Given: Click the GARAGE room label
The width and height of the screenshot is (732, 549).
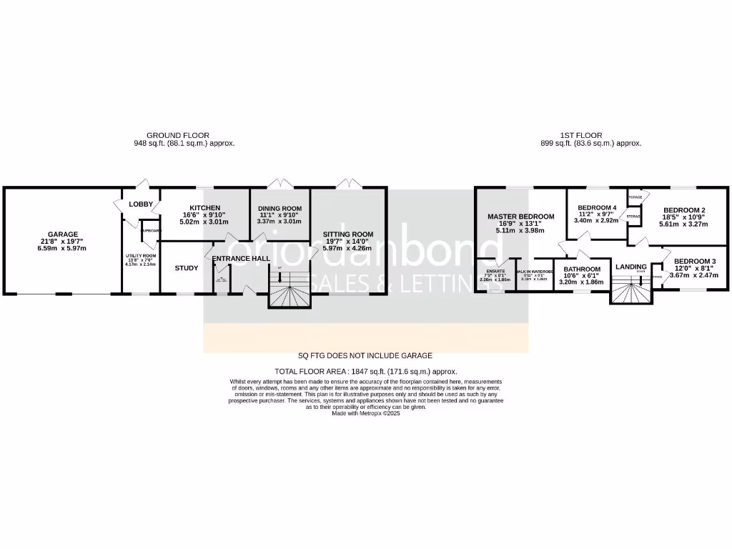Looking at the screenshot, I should point(63,234).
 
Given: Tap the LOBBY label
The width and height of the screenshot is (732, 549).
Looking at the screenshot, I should point(141,204).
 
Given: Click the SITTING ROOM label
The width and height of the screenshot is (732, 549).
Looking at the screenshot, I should point(348,234).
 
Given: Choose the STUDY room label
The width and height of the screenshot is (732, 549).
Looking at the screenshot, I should point(187,268).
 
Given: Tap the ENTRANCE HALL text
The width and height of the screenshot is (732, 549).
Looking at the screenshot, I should point(240,259).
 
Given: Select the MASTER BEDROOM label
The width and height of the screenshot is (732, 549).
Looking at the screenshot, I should point(520,217).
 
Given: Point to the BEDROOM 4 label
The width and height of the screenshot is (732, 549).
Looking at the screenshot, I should point(597,208).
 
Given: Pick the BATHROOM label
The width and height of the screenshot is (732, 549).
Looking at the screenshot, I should point(580,269).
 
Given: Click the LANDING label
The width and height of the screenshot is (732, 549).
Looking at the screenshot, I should point(630,266).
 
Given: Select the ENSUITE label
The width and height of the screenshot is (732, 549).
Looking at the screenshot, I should point(495,272).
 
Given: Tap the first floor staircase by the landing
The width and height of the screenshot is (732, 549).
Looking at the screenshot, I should point(631,290).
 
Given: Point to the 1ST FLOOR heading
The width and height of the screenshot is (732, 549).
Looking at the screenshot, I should point(580,135).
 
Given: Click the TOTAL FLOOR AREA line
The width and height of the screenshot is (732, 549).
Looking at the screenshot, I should point(365,372).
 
